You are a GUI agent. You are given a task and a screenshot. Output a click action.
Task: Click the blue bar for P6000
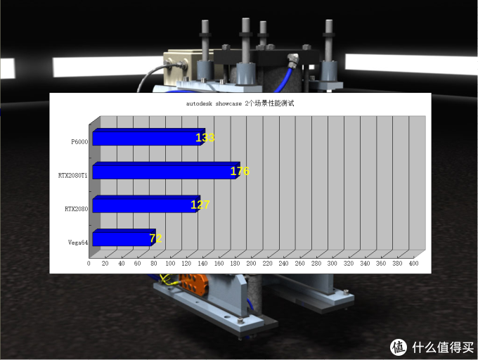point(149,137)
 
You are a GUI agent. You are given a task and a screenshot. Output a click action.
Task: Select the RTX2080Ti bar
point(166,171)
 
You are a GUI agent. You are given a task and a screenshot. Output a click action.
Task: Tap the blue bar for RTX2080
point(146,204)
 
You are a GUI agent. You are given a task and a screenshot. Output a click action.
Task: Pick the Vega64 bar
point(124,238)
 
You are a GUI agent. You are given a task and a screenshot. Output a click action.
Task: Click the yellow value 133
point(205,138)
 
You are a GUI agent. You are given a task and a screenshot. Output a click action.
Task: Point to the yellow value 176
point(240,172)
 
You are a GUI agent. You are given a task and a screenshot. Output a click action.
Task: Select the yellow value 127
point(200,205)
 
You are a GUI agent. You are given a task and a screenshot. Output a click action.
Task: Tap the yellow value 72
point(155,238)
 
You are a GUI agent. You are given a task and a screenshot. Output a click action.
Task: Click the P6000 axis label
point(79,142)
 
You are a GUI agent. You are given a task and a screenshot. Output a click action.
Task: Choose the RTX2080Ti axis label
point(73,175)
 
